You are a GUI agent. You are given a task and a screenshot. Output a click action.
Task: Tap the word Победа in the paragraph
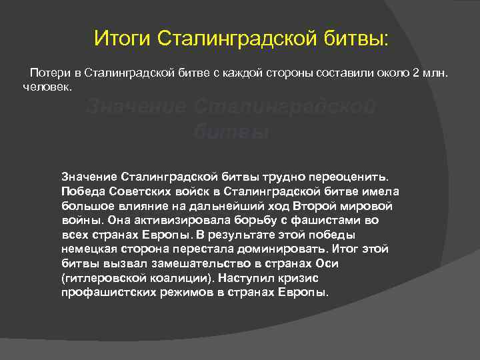coord(81,191)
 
